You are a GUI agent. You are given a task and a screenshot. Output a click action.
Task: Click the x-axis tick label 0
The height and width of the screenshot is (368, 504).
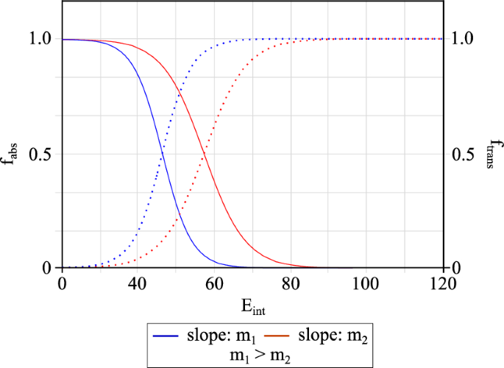pos(62,283)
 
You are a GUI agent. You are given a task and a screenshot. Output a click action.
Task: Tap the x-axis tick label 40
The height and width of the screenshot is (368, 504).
pos(138,283)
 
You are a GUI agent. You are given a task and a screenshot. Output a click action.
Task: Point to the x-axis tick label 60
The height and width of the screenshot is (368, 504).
pos(214,283)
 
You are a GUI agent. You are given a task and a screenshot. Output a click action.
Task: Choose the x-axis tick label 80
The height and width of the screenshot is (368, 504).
pos(291,283)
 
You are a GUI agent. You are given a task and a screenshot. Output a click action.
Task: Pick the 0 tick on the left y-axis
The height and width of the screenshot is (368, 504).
pos(46,267)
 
